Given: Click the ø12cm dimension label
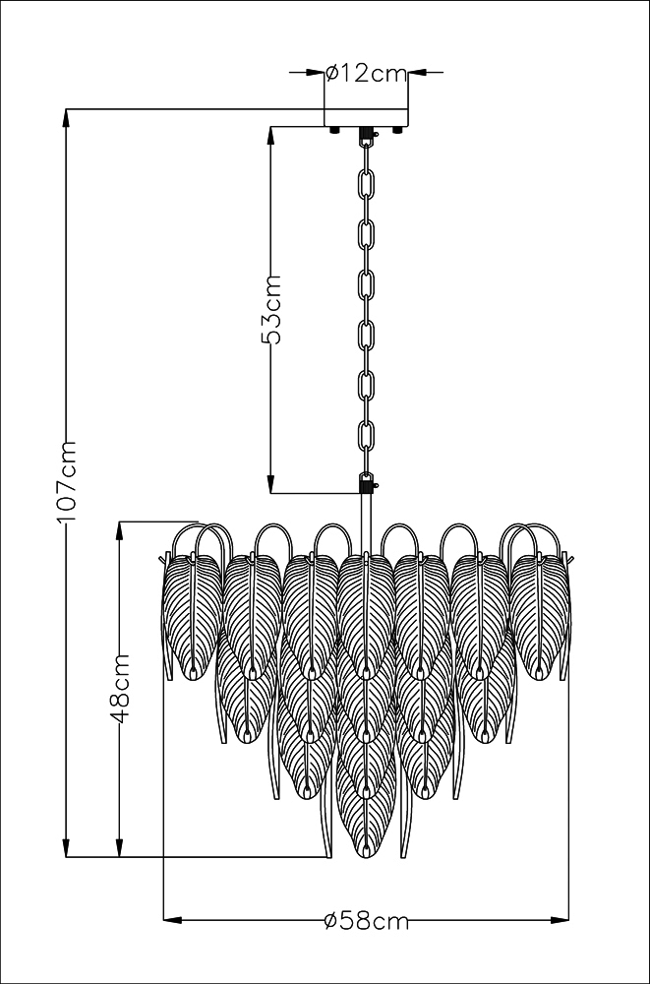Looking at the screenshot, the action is tap(367, 74).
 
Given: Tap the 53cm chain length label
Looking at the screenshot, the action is tap(271, 309).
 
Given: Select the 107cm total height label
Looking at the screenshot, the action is tap(67, 481).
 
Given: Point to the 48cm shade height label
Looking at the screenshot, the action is tap(119, 689).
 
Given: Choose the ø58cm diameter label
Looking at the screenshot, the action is tap(367, 921).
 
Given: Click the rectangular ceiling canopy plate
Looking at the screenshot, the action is tap(366, 117).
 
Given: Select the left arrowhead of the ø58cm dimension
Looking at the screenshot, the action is tap(172, 921).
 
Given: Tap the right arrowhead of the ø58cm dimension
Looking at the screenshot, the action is tap(560, 921).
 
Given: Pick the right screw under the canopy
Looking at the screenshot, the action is tap(396, 130).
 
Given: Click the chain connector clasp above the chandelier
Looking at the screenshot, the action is tap(367, 483).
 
